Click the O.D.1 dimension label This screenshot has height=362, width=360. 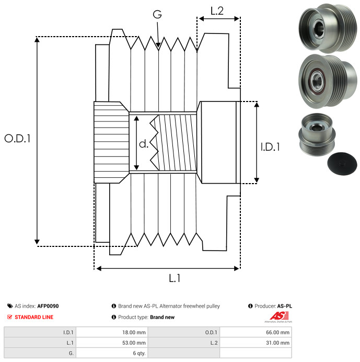tap(18, 139)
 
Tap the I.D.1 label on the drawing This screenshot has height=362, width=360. tap(270, 147)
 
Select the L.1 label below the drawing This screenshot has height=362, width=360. tap(175, 279)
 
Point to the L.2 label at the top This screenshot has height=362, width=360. tap(217, 10)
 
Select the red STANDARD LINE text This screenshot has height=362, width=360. tap(33, 317)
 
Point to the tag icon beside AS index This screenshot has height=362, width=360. tap(10, 306)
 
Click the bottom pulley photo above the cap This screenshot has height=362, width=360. tap(317, 135)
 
